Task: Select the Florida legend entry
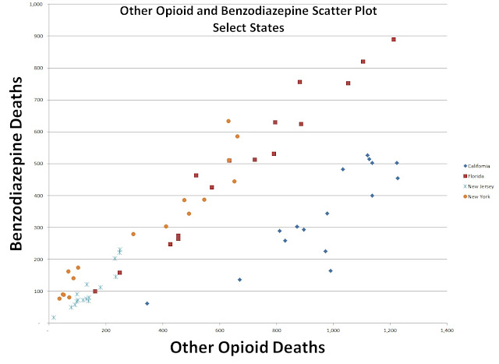(x=474, y=176)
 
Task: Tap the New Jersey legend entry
(x=477, y=186)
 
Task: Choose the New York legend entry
(x=476, y=196)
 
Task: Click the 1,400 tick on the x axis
(x=447, y=330)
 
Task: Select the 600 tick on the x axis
(x=219, y=330)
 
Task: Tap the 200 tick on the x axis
(x=105, y=330)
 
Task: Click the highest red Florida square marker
(x=394, y=40)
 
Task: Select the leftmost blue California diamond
(x=147, y=303)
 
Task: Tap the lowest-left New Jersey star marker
(x=53, y=317)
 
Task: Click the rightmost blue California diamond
(x=398, y=178)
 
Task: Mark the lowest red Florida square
(x=95, y=292)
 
